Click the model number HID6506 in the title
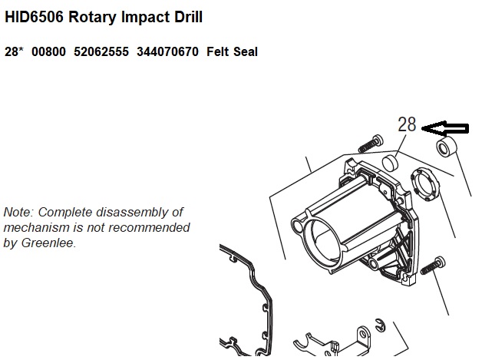coord(34,17)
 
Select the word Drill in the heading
coord(189,17)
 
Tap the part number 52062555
coord(101,51)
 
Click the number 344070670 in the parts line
coord(167,51)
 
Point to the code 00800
coord(48,51)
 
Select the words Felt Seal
coord(232,51)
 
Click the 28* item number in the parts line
coord(14,51)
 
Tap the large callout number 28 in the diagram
coord(407,124)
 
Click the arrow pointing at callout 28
coord(445,128)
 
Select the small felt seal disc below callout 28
coord(390,163)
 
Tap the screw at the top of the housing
coord(371,144)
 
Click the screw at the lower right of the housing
coord(432,266)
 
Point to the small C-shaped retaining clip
coord(381,325)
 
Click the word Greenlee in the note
coord(48,243)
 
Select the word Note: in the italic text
coord(18,212)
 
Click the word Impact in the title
coord(147,17)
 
